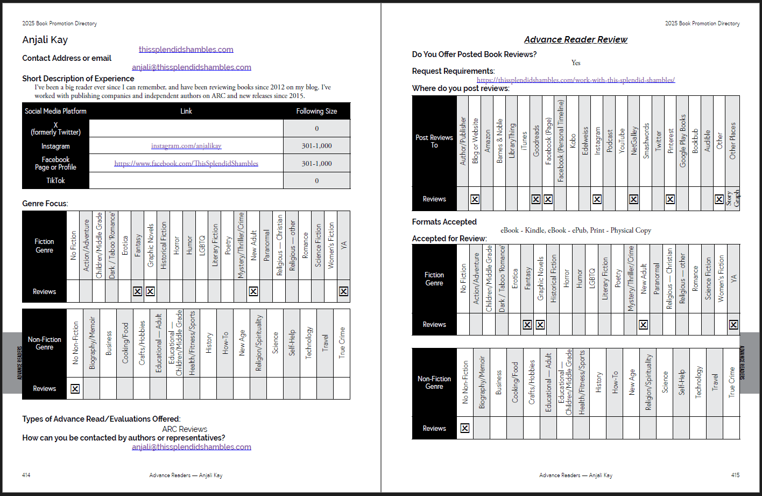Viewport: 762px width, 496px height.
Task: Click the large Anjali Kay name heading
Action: [x=45, y=40]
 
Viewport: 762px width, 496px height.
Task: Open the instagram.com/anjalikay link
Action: [x=186, y=146]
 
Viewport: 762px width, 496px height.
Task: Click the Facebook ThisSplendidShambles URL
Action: [x=186, y=163]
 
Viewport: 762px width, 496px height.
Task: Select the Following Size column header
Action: [x=316, y=111]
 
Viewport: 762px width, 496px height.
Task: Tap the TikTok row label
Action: [x=55, y=180]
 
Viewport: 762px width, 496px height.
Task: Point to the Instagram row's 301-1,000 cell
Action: [x=316, y=146]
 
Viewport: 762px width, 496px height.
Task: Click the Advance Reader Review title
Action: [x=576, y=39]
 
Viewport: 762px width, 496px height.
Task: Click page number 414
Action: [x=26, y=475]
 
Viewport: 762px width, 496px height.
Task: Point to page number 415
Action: [x=735, y=475]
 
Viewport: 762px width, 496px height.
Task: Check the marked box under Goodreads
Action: [x=536, y=199]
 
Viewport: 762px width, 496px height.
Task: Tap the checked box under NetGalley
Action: [x=634, y=199]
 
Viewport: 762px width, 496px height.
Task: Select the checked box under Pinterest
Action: [x=670, y=199]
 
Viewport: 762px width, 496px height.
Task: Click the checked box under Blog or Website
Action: [x=475, y=199]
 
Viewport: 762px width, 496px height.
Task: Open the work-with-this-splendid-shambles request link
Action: [x=576, y=80]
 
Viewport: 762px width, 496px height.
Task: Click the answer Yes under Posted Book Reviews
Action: [x=576, y=63]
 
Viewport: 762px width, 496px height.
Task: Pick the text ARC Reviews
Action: [x=185, y=429]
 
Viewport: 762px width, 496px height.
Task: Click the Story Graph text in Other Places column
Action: [x=733, y=199]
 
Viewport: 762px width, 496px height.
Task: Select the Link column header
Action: [x=186, y=111]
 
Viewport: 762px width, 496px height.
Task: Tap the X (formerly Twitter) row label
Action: [x=55, y=128]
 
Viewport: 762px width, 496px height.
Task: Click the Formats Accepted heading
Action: [x=444, y=222]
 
